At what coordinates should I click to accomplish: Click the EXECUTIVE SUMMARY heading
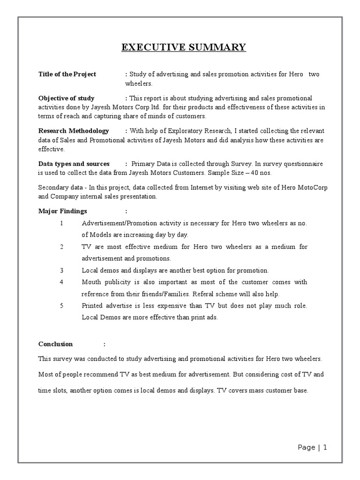pos(183,47)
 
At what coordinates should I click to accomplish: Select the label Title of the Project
pos(67,74)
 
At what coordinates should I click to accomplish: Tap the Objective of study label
pos(66,98)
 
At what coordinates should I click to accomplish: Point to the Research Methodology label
pos(73,131)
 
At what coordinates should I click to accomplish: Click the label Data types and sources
pos(74,164)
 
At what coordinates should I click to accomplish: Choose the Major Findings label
pos(62,211)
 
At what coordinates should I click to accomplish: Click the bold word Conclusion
pos(55,344)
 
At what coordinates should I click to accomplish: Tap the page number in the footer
pos(324,448)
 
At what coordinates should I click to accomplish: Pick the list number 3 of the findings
pos(61,270)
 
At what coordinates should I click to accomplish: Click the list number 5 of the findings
pos(61,306)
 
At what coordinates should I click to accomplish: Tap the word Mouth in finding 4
pos(91,282)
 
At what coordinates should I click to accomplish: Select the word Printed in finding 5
pos(92,306)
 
